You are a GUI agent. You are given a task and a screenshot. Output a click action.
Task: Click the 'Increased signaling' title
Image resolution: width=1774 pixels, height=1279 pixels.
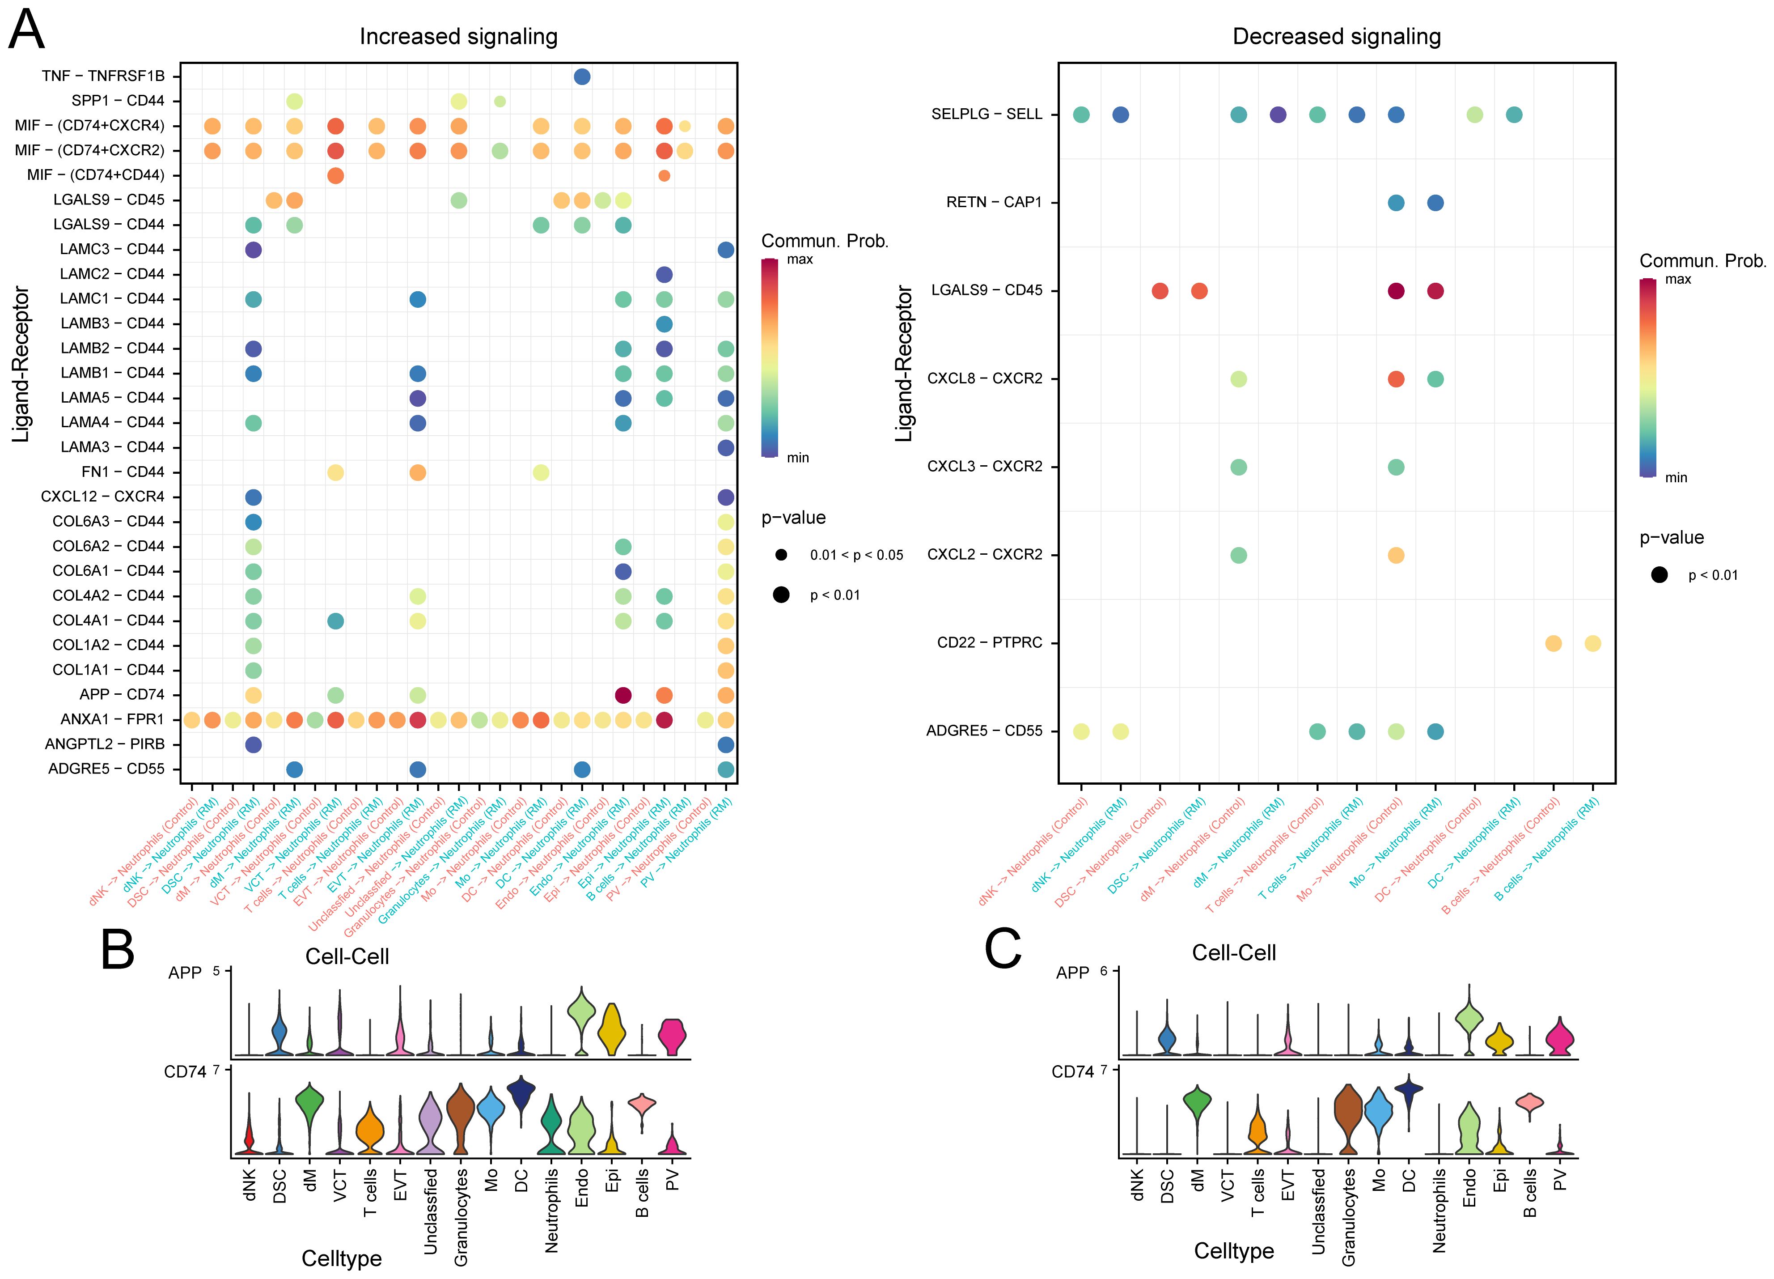[458, 37]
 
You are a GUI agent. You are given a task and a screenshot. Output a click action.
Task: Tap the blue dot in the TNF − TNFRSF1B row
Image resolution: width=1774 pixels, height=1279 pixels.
[582, 76]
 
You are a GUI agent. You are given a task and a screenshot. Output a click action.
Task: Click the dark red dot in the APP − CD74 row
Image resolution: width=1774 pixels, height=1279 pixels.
[623, 695]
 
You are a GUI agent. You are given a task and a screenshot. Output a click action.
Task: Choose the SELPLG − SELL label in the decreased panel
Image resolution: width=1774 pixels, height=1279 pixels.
[986, 114]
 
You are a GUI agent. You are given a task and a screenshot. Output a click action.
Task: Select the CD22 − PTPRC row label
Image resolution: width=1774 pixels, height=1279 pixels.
[990, 643]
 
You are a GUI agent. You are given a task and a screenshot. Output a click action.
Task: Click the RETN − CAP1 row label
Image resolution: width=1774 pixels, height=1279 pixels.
[993, 203]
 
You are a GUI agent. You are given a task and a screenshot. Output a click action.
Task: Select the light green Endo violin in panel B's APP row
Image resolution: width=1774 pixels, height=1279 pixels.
[581, 1012]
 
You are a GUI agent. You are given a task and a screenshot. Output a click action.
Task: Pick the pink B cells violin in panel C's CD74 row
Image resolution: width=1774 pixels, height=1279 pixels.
[1529, 1103]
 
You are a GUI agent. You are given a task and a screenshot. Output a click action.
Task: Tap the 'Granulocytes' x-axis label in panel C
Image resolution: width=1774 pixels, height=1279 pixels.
[1348, 1216]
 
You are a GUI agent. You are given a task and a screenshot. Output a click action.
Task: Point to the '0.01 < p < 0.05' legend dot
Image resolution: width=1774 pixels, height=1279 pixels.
[781, 555]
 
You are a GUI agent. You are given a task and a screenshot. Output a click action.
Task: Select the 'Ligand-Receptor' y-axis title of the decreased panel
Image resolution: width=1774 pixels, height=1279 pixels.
[904, 364]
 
